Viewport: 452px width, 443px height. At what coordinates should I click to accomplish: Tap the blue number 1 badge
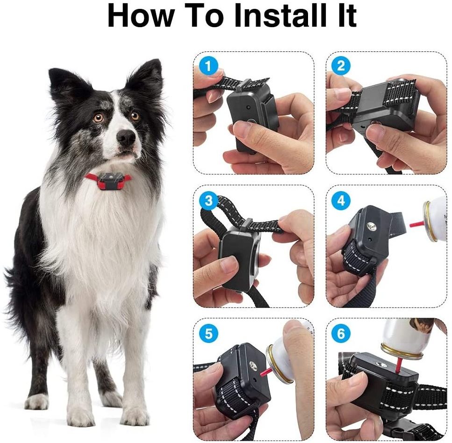(208, 66)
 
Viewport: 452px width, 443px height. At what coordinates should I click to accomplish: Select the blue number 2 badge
(341, 66)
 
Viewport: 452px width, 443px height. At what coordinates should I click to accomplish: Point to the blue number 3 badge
(208, 200)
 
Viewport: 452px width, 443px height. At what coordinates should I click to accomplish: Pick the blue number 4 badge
(341, 200)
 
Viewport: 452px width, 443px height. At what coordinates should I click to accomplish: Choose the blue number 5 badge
(208, 334)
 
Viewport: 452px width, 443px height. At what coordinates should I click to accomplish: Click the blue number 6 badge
(341, 334)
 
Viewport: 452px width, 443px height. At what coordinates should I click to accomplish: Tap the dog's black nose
(126, 137)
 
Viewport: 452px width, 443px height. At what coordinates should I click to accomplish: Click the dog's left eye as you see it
(99, 118)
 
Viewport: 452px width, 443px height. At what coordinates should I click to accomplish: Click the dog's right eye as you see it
(135, 116)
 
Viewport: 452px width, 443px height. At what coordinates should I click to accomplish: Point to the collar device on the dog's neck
(111, 181)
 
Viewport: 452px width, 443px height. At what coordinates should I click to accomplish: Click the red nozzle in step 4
(417, 224)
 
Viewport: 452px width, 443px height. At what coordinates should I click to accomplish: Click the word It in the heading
(347, 16)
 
